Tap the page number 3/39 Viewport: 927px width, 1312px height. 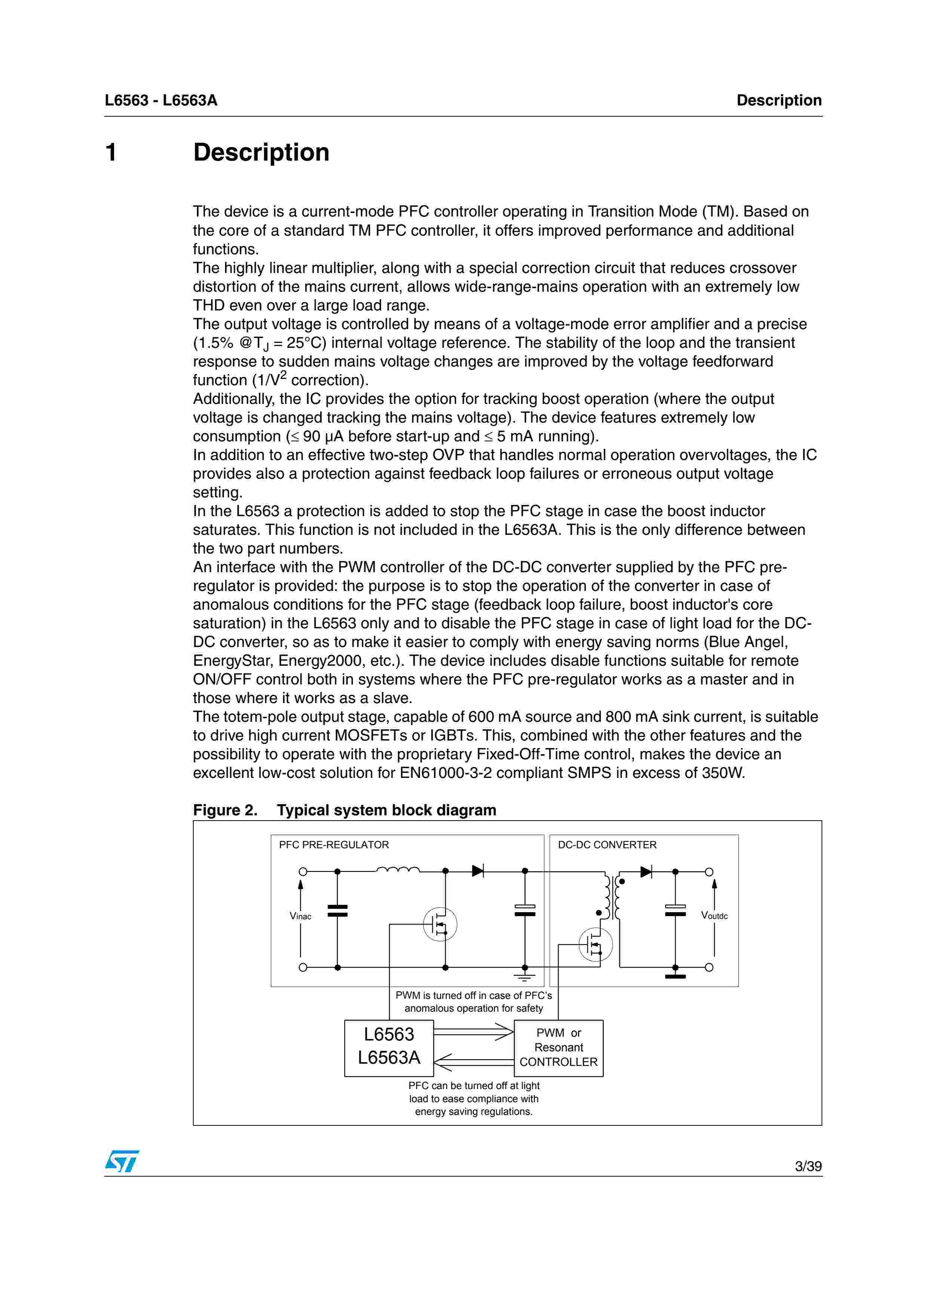[x=808, y=1166]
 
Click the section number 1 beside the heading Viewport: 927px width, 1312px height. [x=111, y=153]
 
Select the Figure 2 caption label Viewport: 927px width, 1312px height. [x=225, y=810]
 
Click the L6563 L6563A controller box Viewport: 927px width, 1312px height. [x=389, y=1048]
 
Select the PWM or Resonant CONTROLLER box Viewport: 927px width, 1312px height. [x=559, y=1048]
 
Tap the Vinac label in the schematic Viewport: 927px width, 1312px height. [x=300, y=917]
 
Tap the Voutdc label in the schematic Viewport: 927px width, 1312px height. [x=714, y=916]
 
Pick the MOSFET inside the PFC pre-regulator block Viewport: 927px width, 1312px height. [x=440, y=925]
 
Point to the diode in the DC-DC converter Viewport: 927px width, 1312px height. [x=646, y=872]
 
